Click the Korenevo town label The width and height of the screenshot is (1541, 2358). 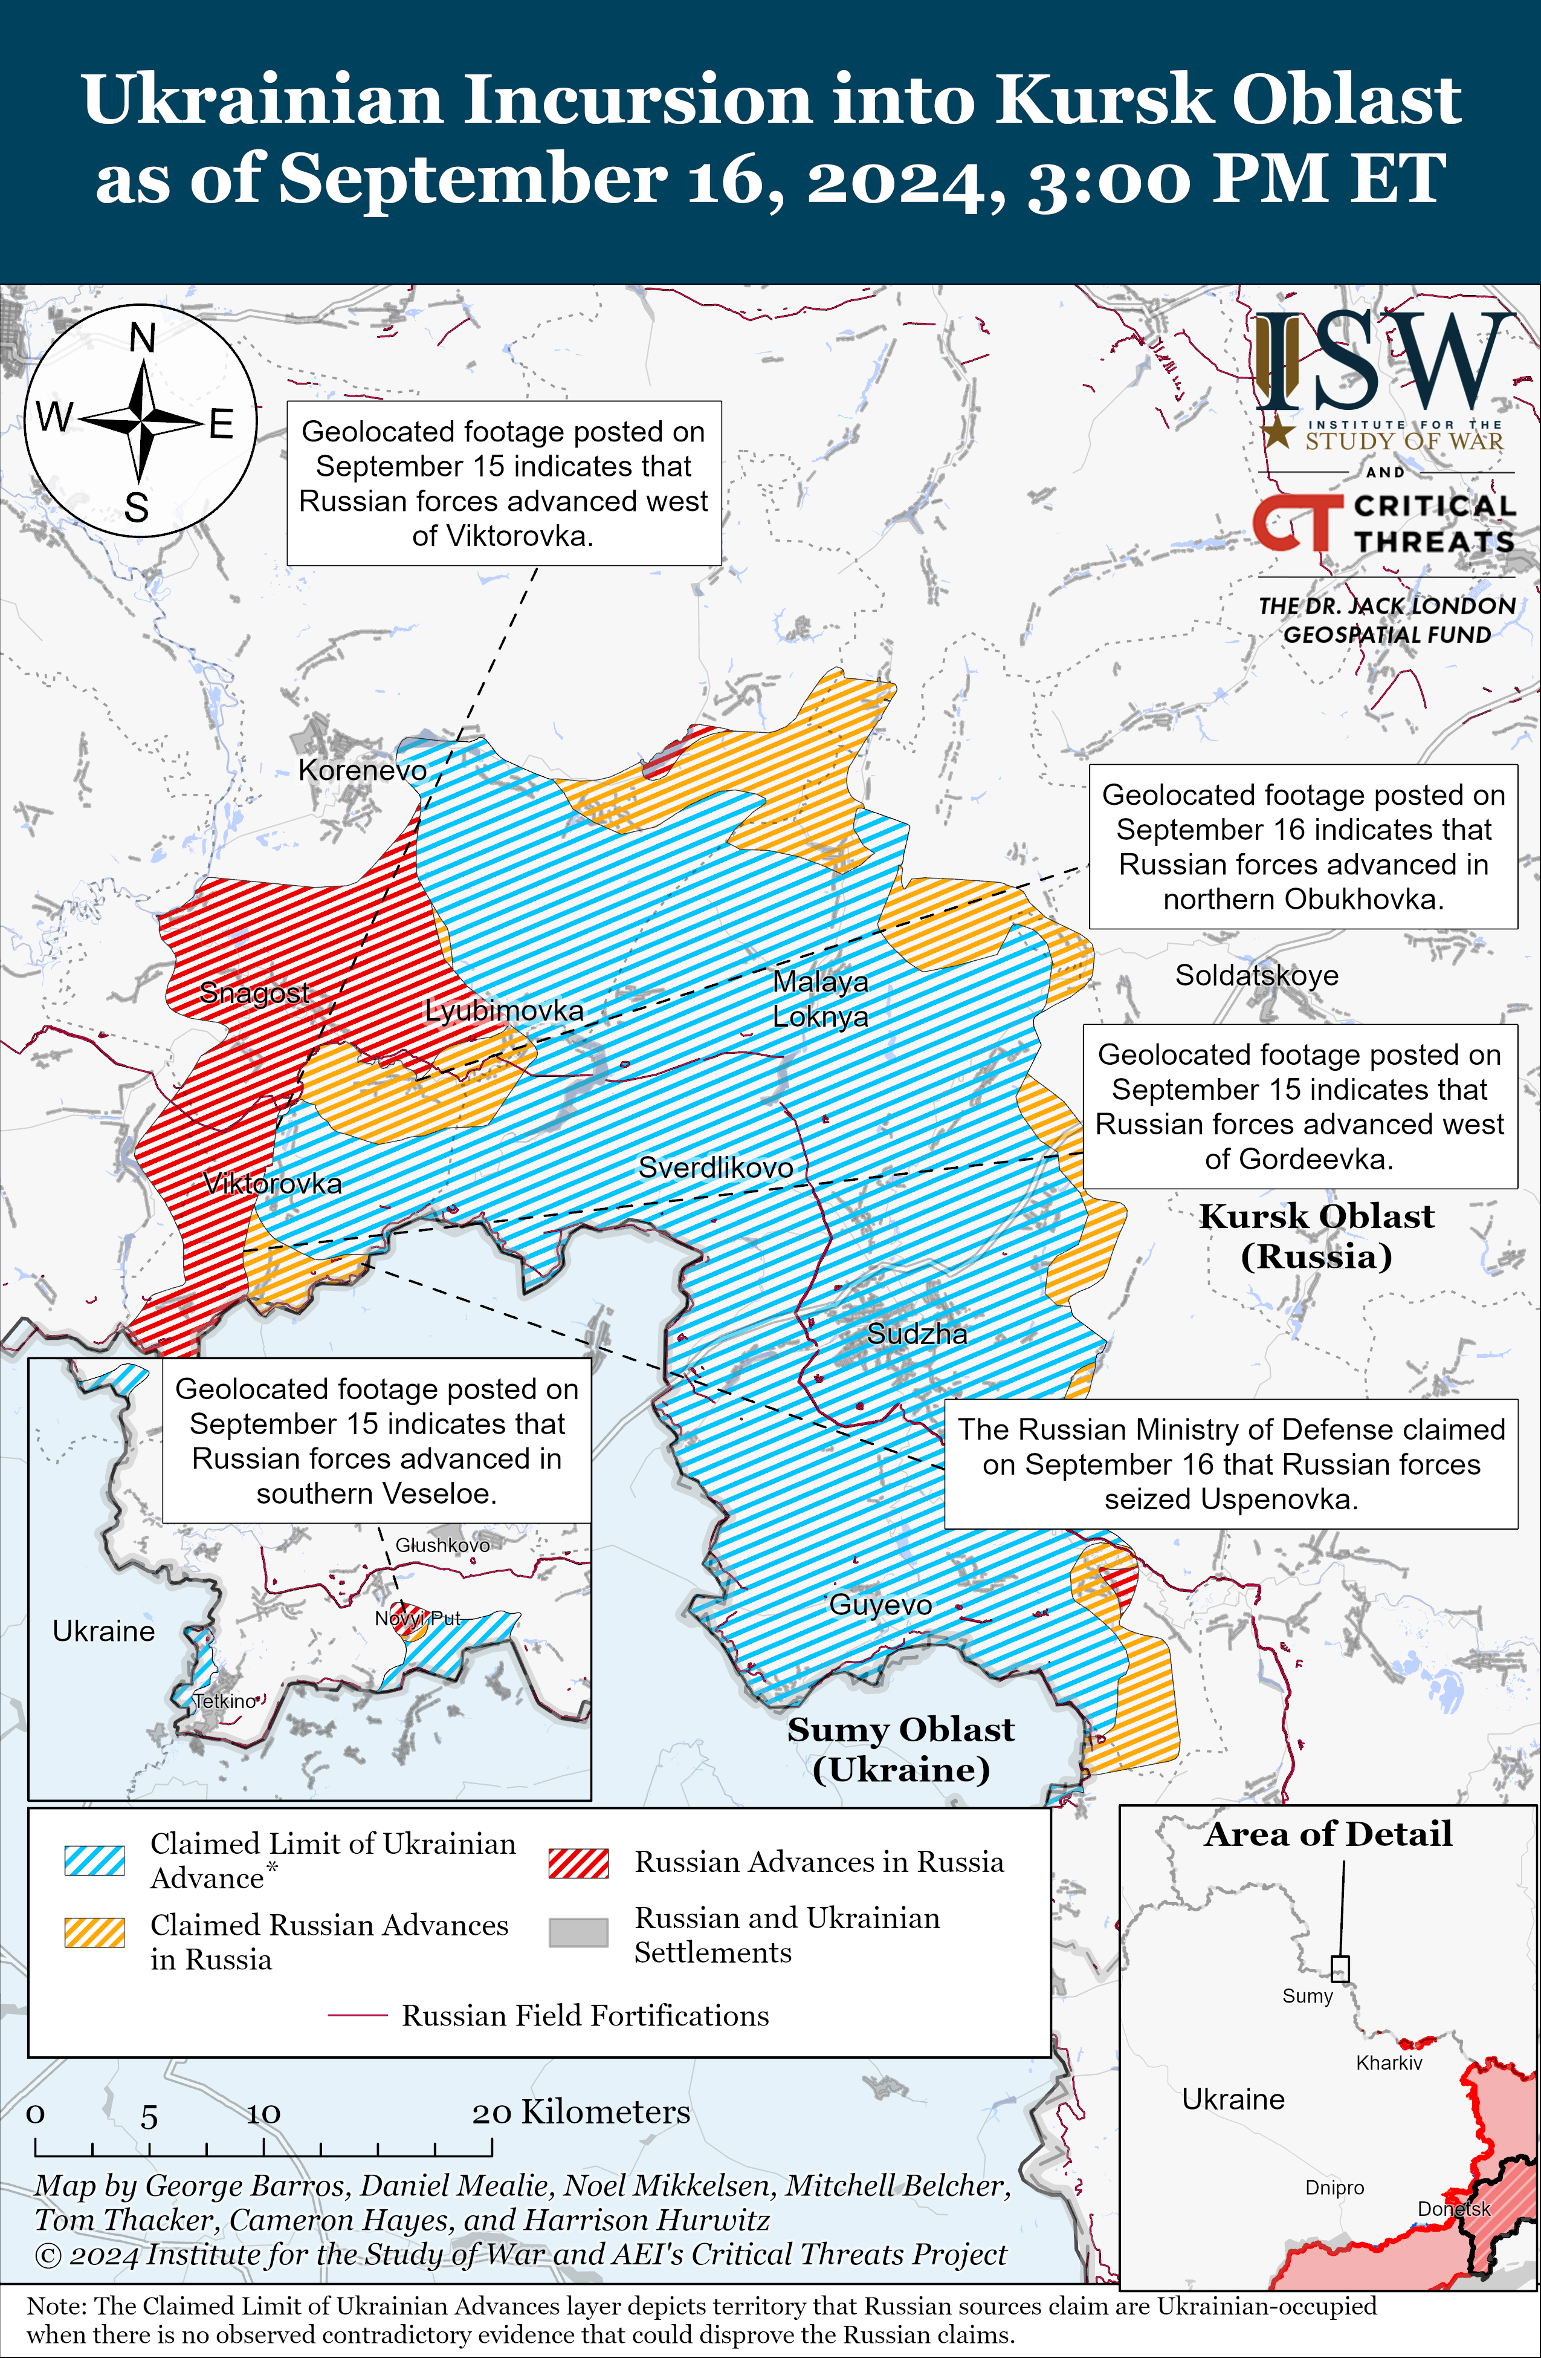point(363,771)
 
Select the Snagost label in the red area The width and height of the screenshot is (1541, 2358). point(254,993)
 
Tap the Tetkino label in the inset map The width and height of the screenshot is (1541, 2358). point(225,1701)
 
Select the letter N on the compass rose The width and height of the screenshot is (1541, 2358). point(143,339)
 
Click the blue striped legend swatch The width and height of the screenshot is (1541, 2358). point(94,1860)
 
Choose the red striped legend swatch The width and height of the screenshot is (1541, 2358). point(578,1863)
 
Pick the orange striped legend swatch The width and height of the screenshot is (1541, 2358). point(94,1933)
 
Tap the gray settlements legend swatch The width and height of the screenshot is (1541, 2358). point(578,1933)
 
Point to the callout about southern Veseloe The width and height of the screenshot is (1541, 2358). point(376,1441)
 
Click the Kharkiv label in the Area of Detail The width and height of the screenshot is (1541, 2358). point(1389,2063)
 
